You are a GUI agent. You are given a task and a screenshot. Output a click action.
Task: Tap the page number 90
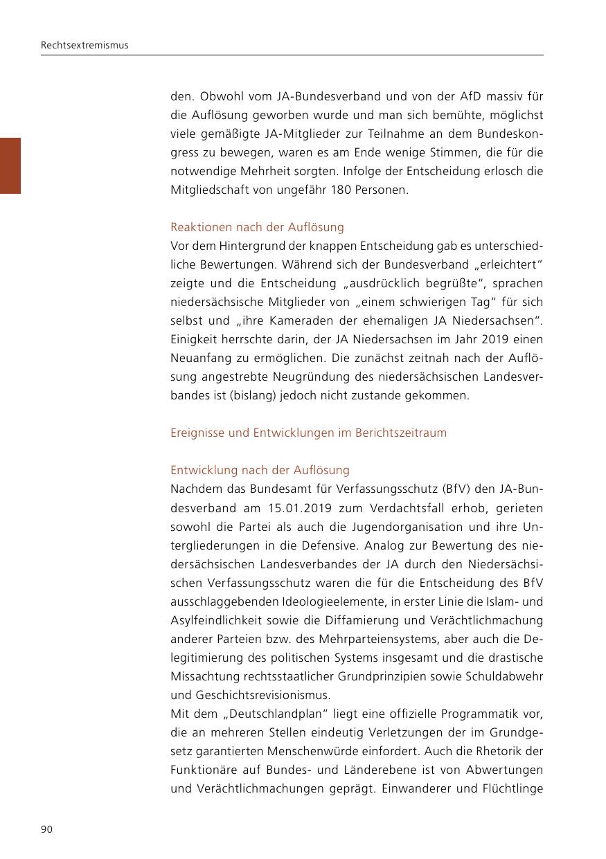coord(46,830)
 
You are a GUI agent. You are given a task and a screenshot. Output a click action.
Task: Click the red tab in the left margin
coord(10,165)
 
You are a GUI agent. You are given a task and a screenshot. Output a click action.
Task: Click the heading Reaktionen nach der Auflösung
coord(257,227)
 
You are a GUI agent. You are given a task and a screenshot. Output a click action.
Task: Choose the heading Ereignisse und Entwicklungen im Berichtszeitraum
coord(308,433)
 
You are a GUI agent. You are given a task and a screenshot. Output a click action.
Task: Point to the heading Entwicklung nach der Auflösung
coord(260,471)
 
